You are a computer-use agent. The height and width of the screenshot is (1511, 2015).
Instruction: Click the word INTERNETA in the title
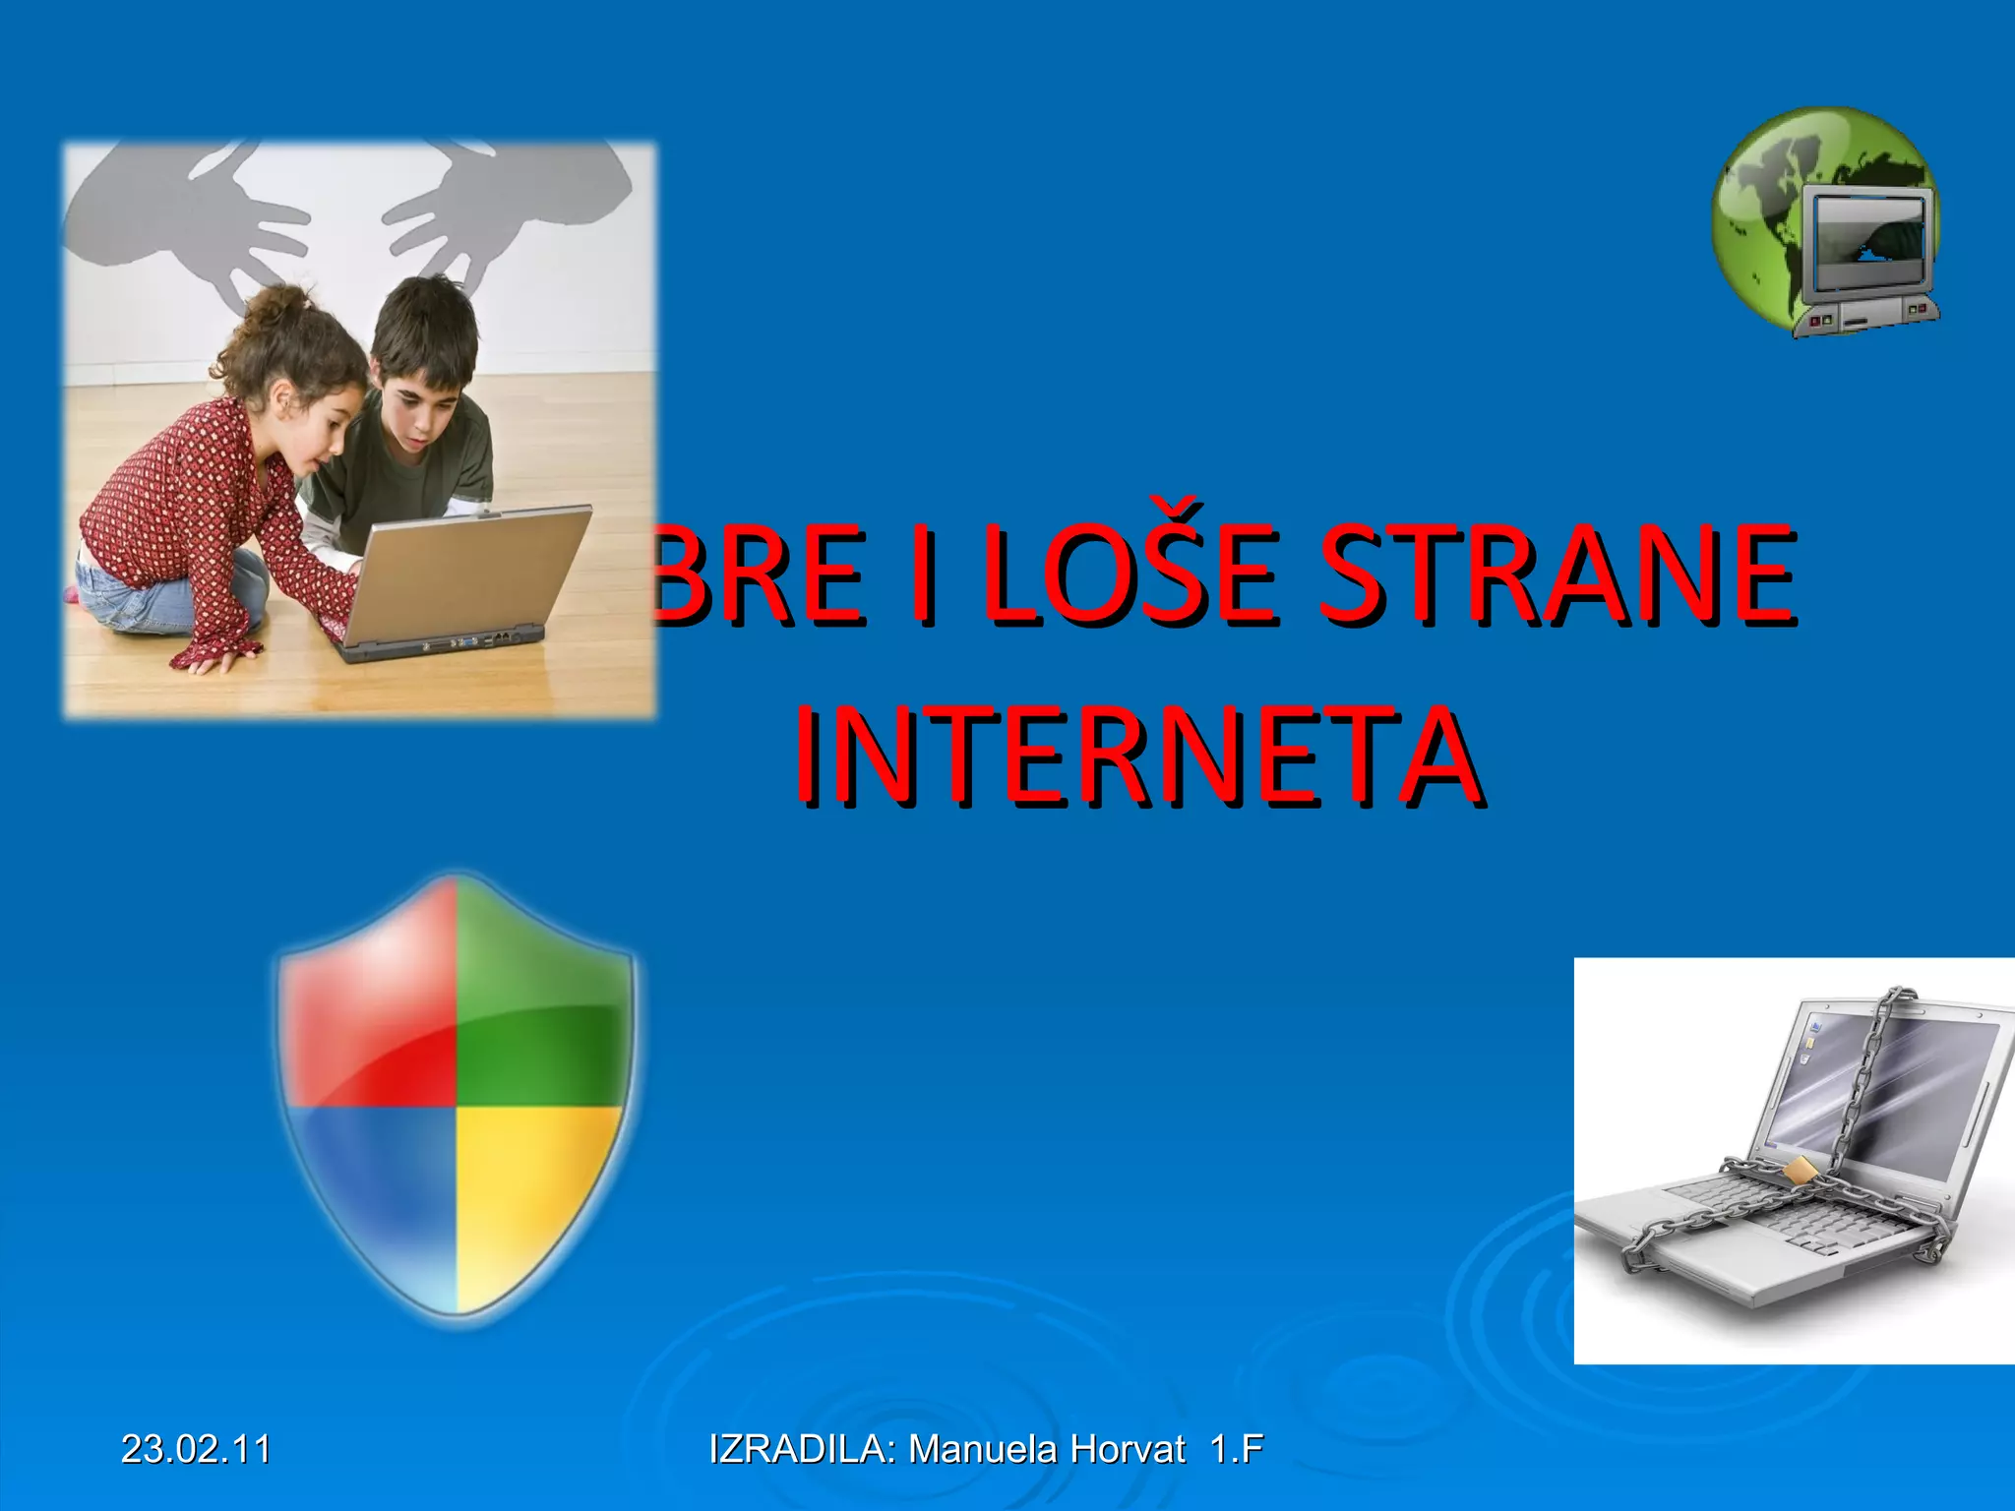click(1138, 755)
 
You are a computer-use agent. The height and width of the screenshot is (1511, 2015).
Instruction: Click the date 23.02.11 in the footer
click(196, 1449)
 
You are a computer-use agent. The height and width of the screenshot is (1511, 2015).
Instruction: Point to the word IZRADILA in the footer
click(799, 1449)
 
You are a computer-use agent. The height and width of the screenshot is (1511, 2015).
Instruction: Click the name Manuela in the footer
click(983, 1449)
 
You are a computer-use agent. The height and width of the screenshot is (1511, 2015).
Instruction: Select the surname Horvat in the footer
click(1128, 1449)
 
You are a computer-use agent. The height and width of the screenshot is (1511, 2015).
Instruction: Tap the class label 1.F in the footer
click(1237, 1449)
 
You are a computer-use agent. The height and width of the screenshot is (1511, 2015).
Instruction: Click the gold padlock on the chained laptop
click(1800, 1171)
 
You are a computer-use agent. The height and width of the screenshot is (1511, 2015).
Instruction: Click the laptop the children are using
click(462, 580)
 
